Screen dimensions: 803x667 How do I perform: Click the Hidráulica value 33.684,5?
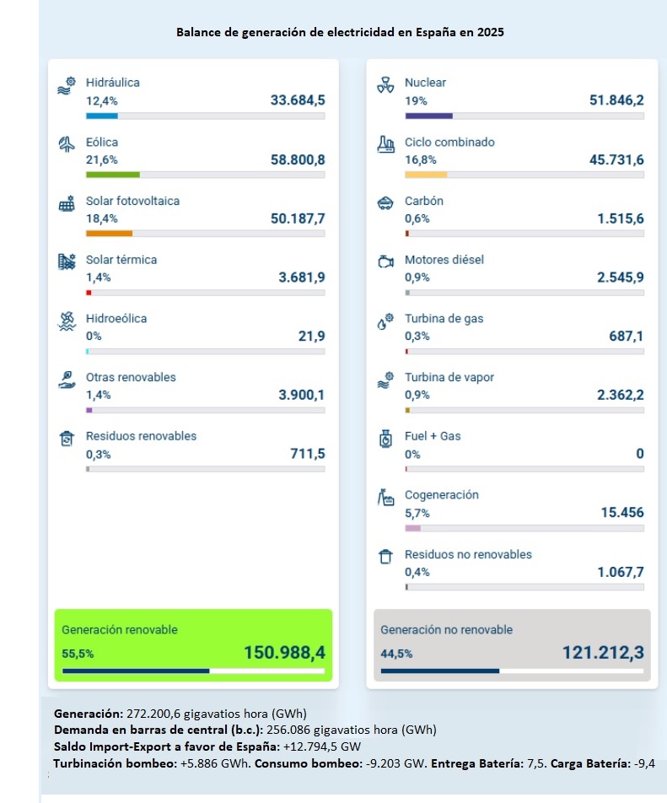pyautogui.click(x=298, y=100)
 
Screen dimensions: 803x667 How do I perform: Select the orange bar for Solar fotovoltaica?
pyautogui.click(x=110, y=233)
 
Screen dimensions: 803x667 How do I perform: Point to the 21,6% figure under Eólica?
pyautogui.click(x=102, y=159)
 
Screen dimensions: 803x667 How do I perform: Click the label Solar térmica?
pyautogui.click(x=121, y=260)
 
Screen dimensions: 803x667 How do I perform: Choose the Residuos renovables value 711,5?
pyautogui.click(x=308, y=454)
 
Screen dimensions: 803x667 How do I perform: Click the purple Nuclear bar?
pyautogui.click(x=428, y=116)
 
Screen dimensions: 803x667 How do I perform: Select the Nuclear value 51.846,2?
pyautogui.click(x=616, y=100)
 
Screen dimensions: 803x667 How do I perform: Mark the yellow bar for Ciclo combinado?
pyautogui.click(x=426, y=175)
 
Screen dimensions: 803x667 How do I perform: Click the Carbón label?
pyautogui.click(x=424, y=201)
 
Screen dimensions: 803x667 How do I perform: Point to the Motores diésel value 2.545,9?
pyautogui.click(x=621, y=277)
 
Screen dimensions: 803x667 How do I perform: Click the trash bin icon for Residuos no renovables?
pyautogui.click(x=385, y=557)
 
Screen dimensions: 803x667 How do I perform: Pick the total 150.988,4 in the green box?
pyautogui.click(x=284, y=652)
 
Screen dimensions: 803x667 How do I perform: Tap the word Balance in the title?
pyautogui.click(x=196, y=32)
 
